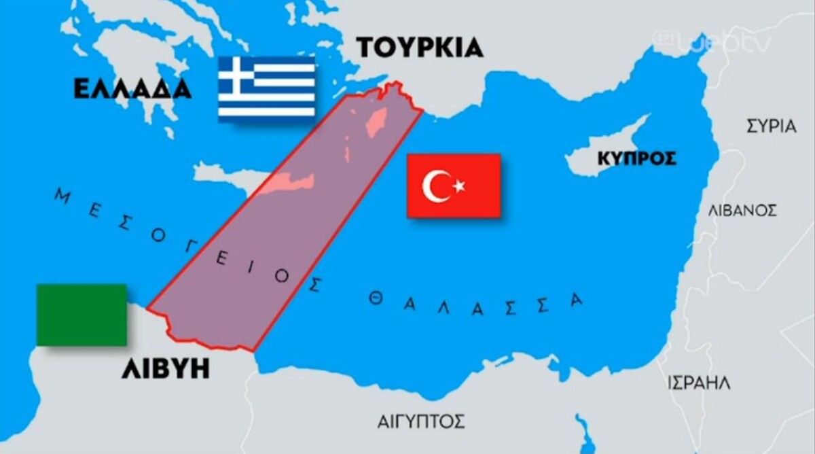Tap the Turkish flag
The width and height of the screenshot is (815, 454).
click(x=454, y=186)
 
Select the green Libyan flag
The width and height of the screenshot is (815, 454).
click(x=81, y=315)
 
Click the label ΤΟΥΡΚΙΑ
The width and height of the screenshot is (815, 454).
click(x=420, y=48)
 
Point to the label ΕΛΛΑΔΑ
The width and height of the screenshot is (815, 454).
click(x=132, y=89)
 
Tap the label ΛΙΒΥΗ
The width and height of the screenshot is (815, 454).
click(x=165, y=370)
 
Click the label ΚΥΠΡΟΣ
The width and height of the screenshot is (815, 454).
click(x=636, y=159)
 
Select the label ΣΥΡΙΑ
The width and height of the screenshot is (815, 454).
click(x=771, y=126)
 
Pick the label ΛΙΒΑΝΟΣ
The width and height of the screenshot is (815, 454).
click(x=742, y=210)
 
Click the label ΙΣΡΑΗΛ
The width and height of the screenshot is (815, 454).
click(x=699, y=383)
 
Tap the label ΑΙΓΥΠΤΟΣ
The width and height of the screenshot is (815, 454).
click(x=421, y=421)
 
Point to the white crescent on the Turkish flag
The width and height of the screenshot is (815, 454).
click(x=435, y=186)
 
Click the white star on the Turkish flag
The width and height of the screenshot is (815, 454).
click(x=459, y=186)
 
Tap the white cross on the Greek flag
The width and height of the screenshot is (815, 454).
click(x=235, y=74)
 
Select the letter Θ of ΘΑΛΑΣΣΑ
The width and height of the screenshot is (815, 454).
click(x=375, y=299)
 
